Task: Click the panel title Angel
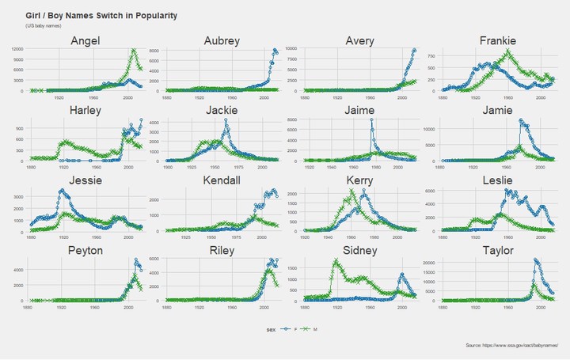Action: click(84, 40)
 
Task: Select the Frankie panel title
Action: click(497, 40)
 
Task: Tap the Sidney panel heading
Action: click(359, 251)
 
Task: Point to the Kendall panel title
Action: click(222, 180)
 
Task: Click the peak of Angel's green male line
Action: click(134, 50)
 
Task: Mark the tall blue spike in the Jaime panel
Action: click(371, 119)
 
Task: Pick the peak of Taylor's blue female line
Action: click(536, 260)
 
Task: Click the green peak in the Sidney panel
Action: click(336, 260)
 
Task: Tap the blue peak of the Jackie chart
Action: click(226, 120)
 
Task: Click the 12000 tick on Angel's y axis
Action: click(17, 49)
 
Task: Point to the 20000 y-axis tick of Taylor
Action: click(431, 261)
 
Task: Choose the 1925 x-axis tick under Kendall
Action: click(187, 236)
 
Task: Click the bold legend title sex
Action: click(271, 328)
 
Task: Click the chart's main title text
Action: click(101, 16)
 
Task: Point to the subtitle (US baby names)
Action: click(43, 26)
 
